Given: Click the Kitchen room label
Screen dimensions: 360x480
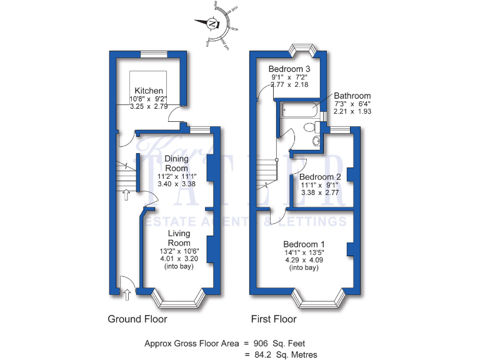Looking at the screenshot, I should click(148, 90).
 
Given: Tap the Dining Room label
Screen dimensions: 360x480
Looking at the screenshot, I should click(176, 163).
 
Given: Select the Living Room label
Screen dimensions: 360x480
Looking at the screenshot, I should click(179, 238).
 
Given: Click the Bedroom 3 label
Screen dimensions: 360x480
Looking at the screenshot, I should click(289, 69).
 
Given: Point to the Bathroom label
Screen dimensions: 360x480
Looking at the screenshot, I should click(352, 96).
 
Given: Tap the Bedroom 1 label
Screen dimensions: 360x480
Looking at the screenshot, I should click(304, 244).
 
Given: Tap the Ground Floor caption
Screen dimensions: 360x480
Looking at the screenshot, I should click(137, 319).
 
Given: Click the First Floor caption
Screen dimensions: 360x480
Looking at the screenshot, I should click(274, 319).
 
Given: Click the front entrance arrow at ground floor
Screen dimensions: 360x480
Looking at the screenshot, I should click(127, 291).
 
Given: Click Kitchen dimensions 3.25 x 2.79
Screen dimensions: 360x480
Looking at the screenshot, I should click(149, 107).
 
